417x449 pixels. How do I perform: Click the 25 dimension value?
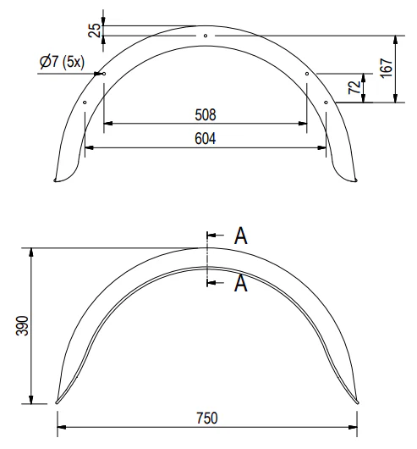(x=95, y=30)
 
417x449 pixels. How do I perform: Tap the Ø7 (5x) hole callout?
(x=62, y=62)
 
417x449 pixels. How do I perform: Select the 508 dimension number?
(x=206, y=115)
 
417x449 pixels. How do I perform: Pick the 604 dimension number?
(x=206, y=139)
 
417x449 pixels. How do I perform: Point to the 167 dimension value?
(x=387, y=68)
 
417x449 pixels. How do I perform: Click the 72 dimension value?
(x=354, y=87)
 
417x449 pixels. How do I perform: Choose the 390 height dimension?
(x=22, y=325)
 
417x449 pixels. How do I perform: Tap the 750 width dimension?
(x=207, y=418)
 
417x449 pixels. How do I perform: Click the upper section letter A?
(x=241, y=236)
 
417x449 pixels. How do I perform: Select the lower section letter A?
(x=241, y=283)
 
